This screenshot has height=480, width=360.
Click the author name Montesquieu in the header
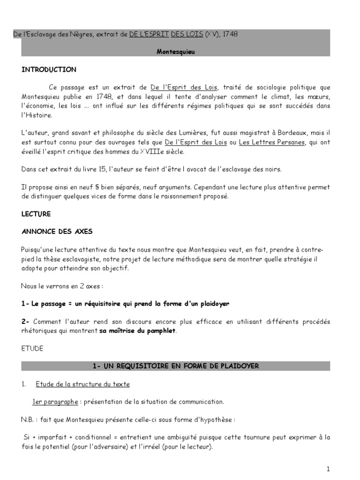(x=175, y=52)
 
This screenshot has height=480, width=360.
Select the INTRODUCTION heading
(x=49, y=70)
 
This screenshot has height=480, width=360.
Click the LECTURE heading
(x=36, y=214)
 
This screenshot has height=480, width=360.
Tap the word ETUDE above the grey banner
(x=32, y=349)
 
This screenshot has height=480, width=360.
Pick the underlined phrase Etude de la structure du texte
(x=82, y=384)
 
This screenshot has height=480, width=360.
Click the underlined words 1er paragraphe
(x=54, y=402)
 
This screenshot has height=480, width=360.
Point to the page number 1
(x=328, y=469)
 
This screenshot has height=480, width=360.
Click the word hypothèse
(x=220, y=419)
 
